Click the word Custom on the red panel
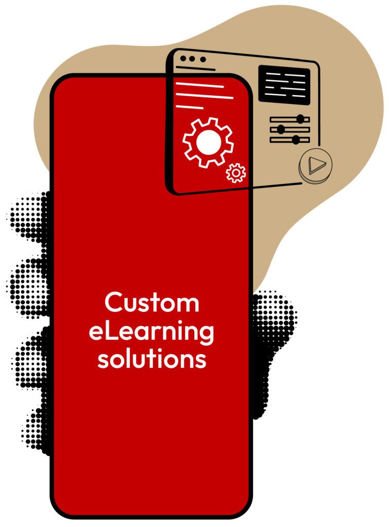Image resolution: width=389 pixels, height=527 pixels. coord(151,303)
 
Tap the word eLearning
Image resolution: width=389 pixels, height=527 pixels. coord(151,332)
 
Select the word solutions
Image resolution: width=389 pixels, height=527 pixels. coord(151,359)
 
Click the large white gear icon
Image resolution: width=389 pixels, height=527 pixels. coord(208,142)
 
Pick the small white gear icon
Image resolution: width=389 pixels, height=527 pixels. coord(236,173)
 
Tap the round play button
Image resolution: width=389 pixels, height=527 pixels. coord(315,165)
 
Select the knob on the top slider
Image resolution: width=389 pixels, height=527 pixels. coord(300,119)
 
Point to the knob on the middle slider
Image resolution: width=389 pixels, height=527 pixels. coord(281,129)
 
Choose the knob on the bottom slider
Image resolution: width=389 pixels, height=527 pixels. coord(296,139)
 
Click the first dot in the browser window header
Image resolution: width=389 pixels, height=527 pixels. coord(183,58)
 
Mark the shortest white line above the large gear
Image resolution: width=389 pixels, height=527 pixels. coord(190,107)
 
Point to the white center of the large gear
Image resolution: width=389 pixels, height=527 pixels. coord(208,142)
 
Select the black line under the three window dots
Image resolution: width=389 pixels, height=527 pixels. coord(195,68)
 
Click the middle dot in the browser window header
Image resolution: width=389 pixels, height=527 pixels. coord(192,59)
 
